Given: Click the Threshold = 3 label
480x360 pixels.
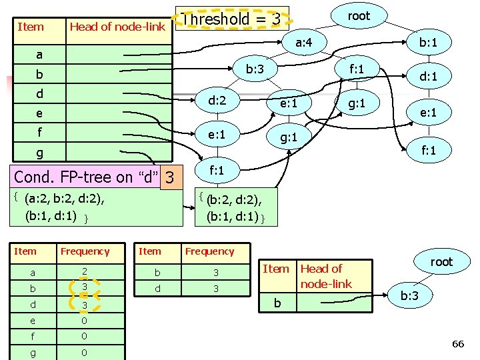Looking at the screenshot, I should coord(231,19).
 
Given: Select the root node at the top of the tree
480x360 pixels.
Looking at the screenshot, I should coord(359,16).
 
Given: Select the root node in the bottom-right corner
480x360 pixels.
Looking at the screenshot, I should coord(441,262).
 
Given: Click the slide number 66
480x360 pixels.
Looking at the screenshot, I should coord(457,343).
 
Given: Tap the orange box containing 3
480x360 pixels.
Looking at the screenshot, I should coord(171,178).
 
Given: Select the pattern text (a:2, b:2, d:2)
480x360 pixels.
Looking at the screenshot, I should coord(64,199).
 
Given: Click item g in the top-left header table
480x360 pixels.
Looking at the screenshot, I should coord(39,153).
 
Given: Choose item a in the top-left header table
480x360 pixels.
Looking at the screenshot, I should coord(39,55).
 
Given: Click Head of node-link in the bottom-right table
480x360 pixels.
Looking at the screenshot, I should coord(325,276).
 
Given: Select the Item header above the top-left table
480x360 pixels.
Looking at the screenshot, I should coord(31,27).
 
